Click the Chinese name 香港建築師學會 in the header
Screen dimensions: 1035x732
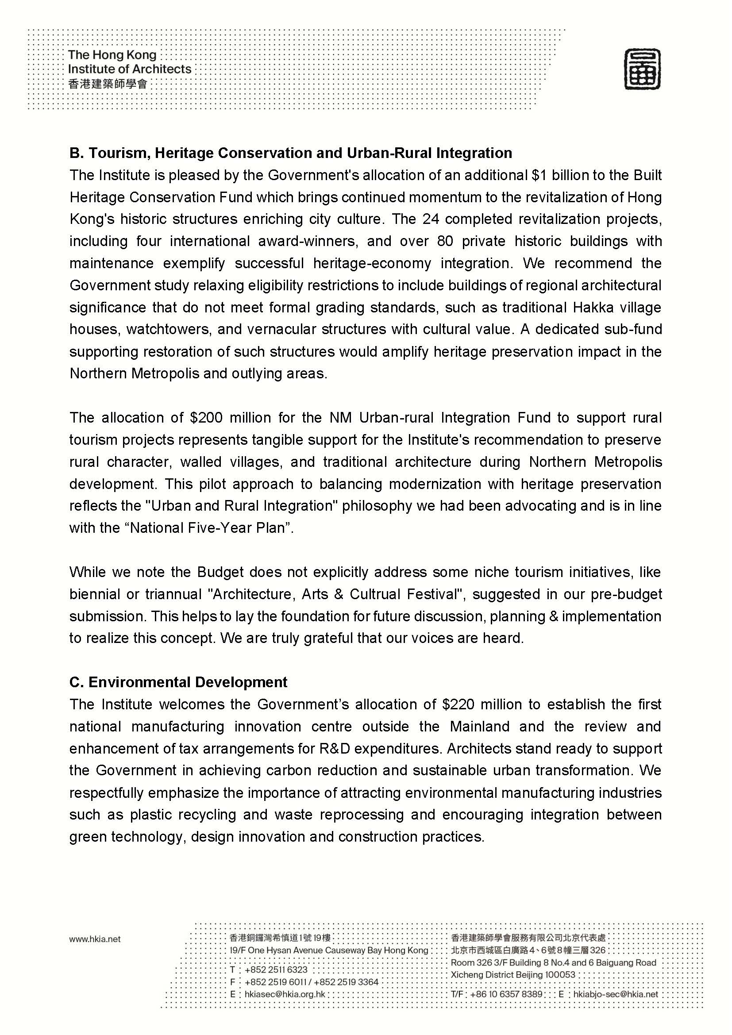click(108, 84)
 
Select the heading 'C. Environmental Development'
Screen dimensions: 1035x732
click(178, 682)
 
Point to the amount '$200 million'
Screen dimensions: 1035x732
click(206, 418)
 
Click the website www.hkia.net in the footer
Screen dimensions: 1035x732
click(95, 939)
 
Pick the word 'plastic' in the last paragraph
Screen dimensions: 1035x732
click(151, 815)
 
